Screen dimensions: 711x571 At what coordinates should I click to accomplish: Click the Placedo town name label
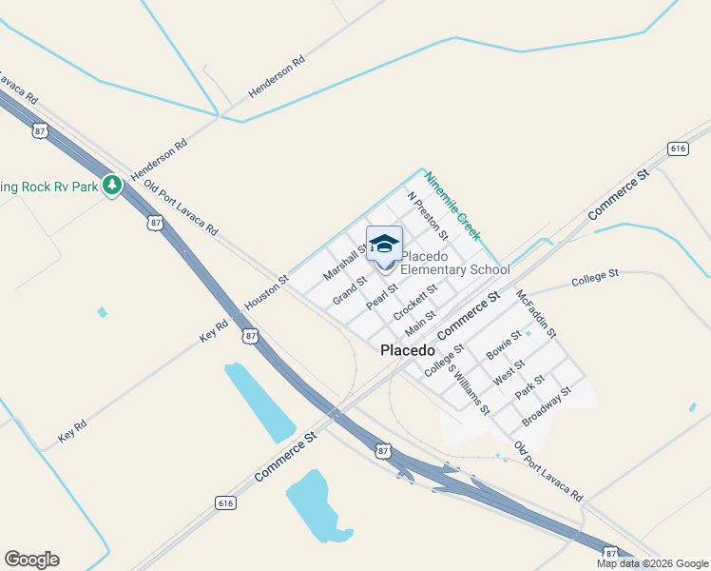(x=407, y=350)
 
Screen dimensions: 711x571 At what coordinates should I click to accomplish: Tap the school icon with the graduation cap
(x=384, y=244)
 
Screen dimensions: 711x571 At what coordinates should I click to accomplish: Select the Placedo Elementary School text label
(x=454, y=263)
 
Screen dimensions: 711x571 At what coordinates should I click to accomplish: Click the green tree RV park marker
(x=112, y=185)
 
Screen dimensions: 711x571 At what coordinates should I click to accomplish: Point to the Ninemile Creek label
(x=452, y=206)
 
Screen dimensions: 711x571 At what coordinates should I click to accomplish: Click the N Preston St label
(x=427, y=215)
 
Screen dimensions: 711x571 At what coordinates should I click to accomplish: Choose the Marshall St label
(x=344, y=261)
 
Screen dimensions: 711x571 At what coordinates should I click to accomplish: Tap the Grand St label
(x=350, y=291)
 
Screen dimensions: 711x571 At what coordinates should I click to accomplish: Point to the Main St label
(x=419, y=323)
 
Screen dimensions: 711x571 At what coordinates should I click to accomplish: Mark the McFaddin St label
(x=535, y=314)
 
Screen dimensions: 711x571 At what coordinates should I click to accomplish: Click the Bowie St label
(x=504, y=345)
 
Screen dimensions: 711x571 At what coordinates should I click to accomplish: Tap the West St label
(x=509, y=372)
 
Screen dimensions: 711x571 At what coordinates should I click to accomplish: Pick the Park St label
(x=529, y=386)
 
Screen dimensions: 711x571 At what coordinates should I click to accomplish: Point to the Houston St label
(x=266, y=295)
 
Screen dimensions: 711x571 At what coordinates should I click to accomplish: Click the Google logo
(x=31, y=560)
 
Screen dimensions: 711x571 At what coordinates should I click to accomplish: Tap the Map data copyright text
(x=653, y=563)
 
